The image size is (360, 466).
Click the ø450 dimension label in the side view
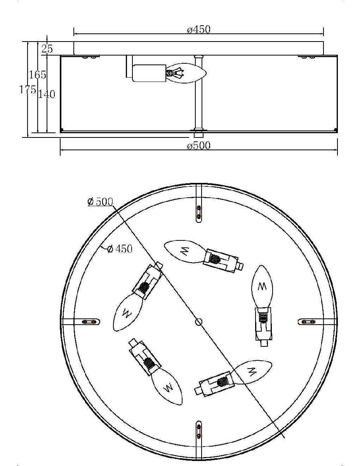pos(198,30)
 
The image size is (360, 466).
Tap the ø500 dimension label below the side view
pos(198,146)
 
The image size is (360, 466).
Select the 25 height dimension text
pos(47,49)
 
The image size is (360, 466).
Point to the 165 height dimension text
pos(38,75)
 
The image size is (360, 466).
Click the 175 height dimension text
pos(28,89)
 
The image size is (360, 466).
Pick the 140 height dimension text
pos(47,94)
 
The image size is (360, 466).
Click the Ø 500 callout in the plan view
pos(100,202)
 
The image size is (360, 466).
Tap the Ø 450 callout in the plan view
pos(120,249)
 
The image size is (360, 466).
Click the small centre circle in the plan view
pos(199,322)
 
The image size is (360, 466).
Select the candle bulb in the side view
pos(186,73)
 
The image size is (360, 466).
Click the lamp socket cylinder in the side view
pos(149,73)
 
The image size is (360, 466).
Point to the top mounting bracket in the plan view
pos(199,203)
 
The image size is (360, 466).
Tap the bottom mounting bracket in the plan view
pos(199,440)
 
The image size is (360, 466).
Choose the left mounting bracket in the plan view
pos(81,322)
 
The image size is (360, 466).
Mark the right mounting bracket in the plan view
pos(317,322)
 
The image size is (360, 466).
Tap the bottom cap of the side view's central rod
pos(199,135)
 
